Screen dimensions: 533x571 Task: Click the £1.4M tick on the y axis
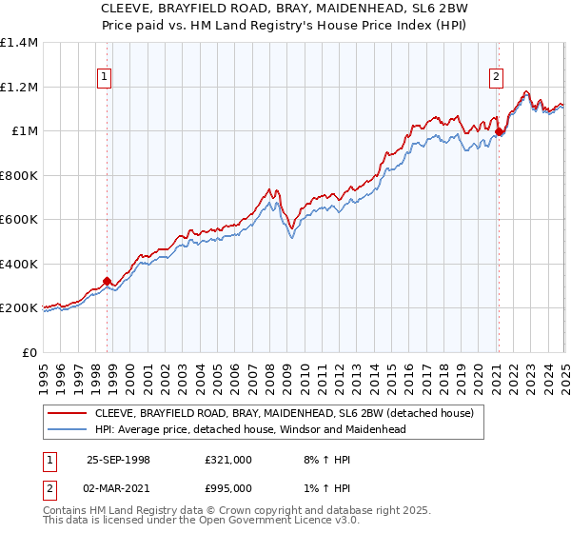coord(19,44)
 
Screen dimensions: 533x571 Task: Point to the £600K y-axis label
coord(19,220)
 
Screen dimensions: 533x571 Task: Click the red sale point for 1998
coord(108,282)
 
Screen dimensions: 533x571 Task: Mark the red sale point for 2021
coord(499,133)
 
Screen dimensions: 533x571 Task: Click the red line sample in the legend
coord(68,413)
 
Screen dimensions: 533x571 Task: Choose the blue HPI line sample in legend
coord(68,429)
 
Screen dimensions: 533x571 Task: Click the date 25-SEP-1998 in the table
coord(118,460)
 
